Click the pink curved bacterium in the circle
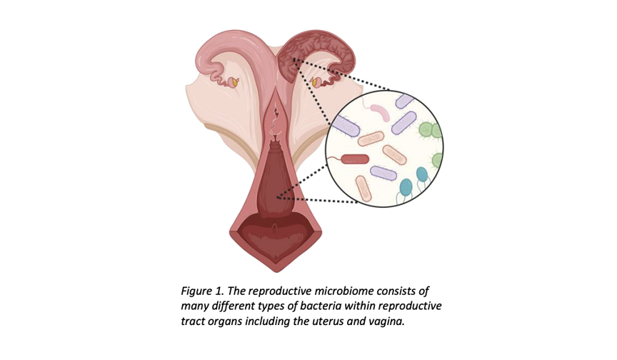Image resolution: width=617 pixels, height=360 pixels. click(379, 111)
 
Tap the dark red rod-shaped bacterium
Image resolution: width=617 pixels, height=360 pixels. click(355, 159)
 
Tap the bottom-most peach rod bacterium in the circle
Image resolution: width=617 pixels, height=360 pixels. click(364, 189)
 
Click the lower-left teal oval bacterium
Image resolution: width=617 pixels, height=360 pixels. click(406, 187)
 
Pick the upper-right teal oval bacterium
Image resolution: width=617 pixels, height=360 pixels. click(421, 175)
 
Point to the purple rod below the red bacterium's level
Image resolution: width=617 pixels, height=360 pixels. click(383, 173)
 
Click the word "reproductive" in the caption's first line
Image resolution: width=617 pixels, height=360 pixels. click(281, 291)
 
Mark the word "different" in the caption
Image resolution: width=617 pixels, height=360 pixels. click(234, 306)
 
